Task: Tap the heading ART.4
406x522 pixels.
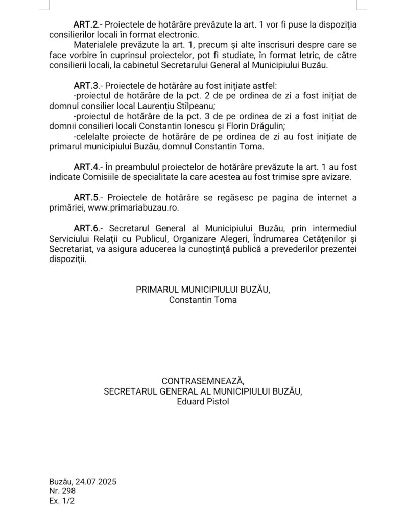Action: pyautogui.click(x=85, y=167)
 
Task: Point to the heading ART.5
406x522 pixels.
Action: pyautogui.click(x=85, y=197)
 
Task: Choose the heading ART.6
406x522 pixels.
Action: pyautogui.click(x=85, y=228)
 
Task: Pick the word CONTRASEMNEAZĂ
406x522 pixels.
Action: pyautogui.click(x=203, y=381)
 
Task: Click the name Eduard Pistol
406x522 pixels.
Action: pyautogui.click(x=203, y=402)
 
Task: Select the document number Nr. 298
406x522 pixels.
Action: pyautogui.click(x=62, y=491)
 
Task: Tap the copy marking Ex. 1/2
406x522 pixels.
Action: pyautogui.click(x=62, y=501)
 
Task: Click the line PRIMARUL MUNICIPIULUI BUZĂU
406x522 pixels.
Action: pyautogui.click(x=203, y=290)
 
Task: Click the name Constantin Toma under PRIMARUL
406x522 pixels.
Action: pyautogui.click(x=203, y=300)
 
